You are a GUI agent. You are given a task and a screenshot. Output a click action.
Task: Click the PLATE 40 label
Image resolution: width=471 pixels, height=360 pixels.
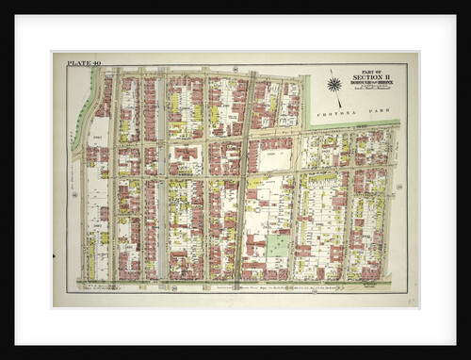[x=82, y=63]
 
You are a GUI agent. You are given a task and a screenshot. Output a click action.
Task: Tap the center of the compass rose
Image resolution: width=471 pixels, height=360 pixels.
[x=333, y=85]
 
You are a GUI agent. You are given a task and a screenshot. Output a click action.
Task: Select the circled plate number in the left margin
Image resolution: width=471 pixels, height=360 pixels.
[x=73, y=195]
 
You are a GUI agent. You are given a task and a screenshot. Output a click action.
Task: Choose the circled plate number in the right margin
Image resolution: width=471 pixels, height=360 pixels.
[x=399, y=188]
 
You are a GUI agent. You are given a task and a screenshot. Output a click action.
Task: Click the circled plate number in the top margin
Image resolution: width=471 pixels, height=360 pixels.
[x=233, y=68]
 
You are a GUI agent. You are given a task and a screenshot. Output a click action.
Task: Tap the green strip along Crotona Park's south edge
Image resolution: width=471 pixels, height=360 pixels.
[x=353, y=124]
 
